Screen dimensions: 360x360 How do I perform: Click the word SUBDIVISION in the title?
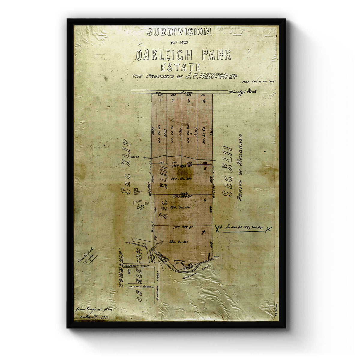coord(179,31)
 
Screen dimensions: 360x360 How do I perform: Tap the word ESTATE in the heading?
coord(181,67)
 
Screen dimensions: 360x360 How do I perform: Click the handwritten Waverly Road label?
coord(243,91)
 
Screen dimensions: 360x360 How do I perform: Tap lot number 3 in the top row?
coord(189,101)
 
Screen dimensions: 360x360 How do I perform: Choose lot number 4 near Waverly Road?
coord(204,101)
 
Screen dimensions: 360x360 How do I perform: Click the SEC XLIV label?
coord(126,167)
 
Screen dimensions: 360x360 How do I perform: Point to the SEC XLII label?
coord(228,171)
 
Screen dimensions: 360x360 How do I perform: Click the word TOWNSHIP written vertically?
coord(121,267)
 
